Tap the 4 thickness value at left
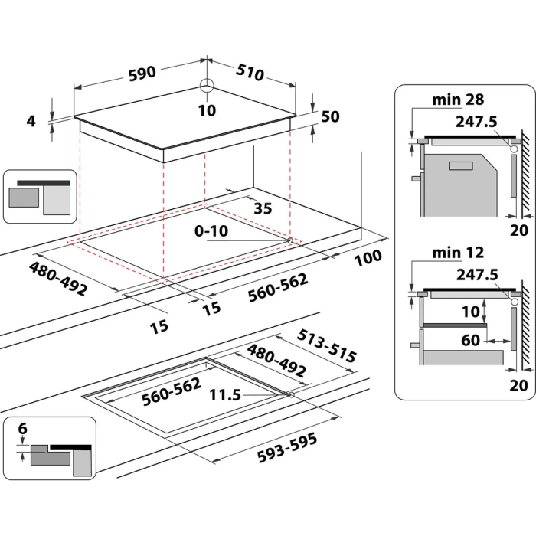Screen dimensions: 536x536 pyautogui.click(x=31, y=120)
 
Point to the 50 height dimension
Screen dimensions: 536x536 pyautogui.click(x=330, y=116)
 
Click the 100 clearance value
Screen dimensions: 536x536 pyautogui.click(x=368, y=259)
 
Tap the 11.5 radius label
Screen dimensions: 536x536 pyautogui.click(x=224, y=395)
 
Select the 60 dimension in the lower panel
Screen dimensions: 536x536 pyautogui.click(x=472, y=340)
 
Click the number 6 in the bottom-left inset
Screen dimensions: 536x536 pyautogui.click(x=22, y=430)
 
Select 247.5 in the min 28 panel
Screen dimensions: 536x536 pyautogui.click(x=476, y=120)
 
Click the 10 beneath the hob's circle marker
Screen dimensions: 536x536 pyautogui.click(x=207, y=110)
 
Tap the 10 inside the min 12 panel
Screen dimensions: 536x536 pyautogui.click(x=470, y=311)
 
